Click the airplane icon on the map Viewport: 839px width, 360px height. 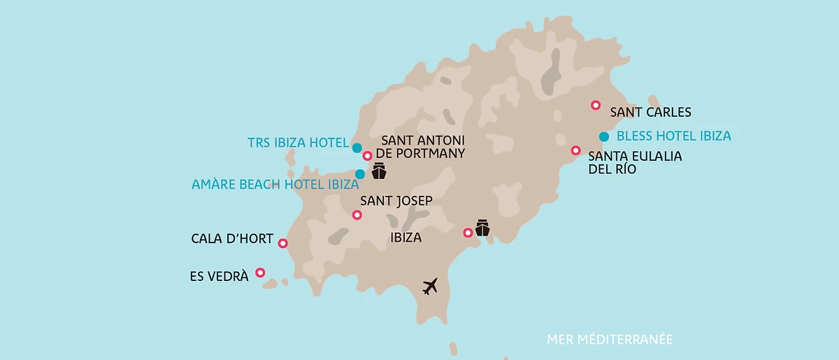click(x=431, y=286)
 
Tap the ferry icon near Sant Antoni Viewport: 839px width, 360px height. click(x=379, y=171)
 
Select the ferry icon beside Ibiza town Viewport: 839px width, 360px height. click(x=482, y=228)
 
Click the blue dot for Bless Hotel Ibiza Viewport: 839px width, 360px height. click(x=604, y=136)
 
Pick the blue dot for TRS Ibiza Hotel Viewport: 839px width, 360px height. click(x=357, y=147)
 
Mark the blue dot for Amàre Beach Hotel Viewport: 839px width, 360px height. click(x=360, y=173)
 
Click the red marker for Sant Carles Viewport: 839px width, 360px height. click(x=596, y=105)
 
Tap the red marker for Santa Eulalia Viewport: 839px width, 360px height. click(x=575, y=150)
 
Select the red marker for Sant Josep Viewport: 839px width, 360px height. click(x=357, y=215)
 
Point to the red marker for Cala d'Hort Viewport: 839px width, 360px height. click(x=282, y=243)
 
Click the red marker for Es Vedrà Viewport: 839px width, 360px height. click(x=260, y=273)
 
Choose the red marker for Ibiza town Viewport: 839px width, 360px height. click(x=468, y=233)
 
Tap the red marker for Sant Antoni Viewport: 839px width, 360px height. click(x=367, y=155)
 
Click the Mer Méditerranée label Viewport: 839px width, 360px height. click(x=610, y=340)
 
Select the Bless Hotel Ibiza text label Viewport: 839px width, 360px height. click(x=674, y=136)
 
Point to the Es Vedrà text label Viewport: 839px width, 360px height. click(x=219, y=277)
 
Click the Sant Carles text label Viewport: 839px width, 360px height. click(x=650, y=112)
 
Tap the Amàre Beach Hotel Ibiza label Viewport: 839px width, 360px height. click(x=275, y=185)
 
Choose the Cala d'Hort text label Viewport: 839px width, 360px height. click(x=232, y=239)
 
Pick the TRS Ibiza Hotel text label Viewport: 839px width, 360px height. click(x=298, y=143)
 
